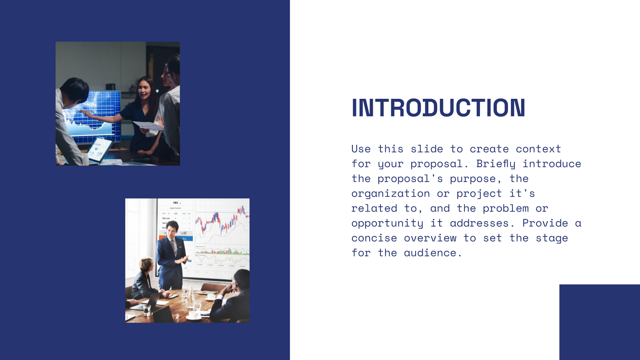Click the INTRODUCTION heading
[x=438, y=108]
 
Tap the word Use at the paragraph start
[x=361, y=149]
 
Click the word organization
[x=390, y=194]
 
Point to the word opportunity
[x=387, y=223]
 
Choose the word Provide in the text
[x=545, y=223]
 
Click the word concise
[x=374, y=238]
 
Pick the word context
[x=538, y=149]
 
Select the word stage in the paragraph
[x=552, y=238]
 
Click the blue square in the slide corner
[x=599, y=322]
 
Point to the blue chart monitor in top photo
[x=98, y=114]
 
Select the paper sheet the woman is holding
[x=147, y=126]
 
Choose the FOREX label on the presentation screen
[x=176, y=203]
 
